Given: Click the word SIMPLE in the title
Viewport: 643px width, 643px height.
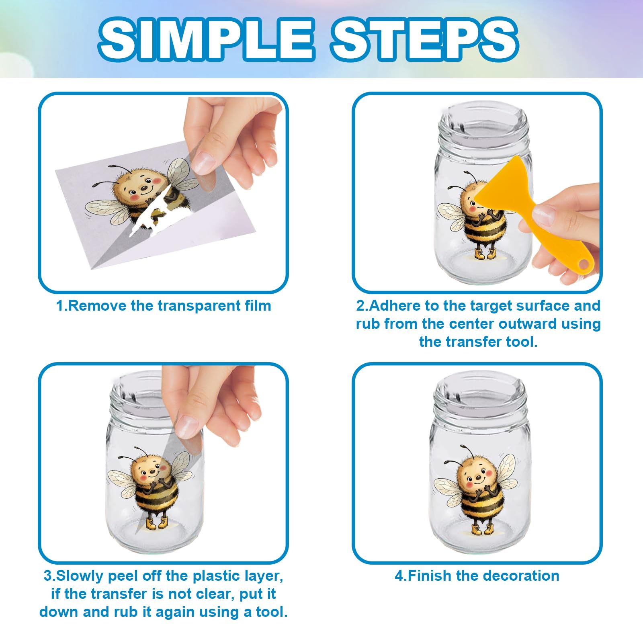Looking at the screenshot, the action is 206,40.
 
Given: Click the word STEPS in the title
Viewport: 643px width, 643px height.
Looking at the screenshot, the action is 424,40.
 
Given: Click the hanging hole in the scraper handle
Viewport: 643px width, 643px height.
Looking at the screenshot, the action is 584,264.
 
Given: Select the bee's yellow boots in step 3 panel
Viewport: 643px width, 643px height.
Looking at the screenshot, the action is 156,522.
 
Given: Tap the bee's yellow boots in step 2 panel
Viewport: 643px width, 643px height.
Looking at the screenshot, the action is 485,254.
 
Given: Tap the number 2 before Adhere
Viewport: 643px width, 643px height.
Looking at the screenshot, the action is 360,306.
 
